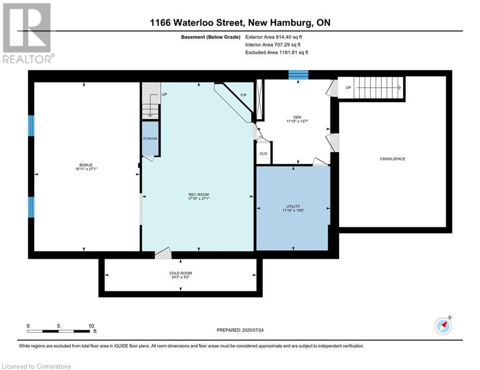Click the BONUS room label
[87, 165]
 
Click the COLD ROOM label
[180, 273]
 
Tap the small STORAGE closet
[150, 139]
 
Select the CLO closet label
[263, 154]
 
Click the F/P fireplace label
[244, 95]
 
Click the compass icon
[443, 326]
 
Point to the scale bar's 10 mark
[91, 326]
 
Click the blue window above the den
[298, 74]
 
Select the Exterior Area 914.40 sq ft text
[274, 37]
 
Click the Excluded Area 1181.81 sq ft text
[276, 52]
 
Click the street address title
[240, 23]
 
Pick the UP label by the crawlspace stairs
[348, 88]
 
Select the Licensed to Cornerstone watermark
[37, 366]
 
